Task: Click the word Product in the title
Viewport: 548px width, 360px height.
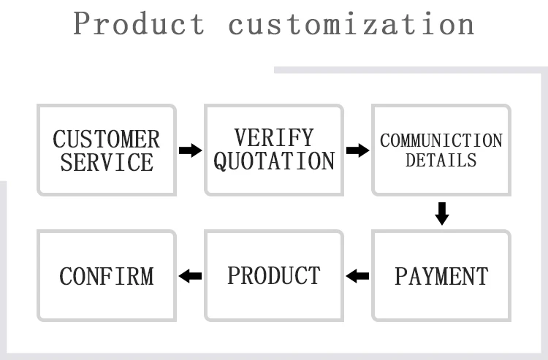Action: pyautogui.click(x=140, y=24)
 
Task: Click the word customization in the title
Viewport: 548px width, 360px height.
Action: pyautogui.click(x=351, y=24)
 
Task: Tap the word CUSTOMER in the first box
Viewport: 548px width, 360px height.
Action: pyautogui.click(x=107, y=139)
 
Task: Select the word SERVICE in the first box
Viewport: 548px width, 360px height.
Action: pyautogui.click(x=107, y=162)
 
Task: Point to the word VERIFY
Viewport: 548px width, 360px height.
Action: pyautogui.click(x=274, y=137)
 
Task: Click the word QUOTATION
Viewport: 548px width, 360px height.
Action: pyautogui.click(x=274, y=161)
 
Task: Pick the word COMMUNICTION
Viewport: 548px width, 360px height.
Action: pyautogui.click(x=441, y=140)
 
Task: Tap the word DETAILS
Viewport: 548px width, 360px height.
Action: pyautogui.click(x=441, y=160)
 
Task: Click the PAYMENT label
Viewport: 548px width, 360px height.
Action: pyautogui.click(x=441, y=276)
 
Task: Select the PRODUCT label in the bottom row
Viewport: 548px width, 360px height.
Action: pyautogui.click(x=274, y=275)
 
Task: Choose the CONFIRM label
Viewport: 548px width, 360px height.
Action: pyautogui.click(x=107, y=276)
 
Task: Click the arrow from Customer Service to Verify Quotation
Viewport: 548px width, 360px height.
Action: pyautogui.click(x=190, y=150)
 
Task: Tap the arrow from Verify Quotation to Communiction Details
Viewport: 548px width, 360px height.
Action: pyautogui.click(x=357, y=150)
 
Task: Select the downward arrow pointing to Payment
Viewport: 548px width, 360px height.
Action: pyautogui.click(x=441, y=213)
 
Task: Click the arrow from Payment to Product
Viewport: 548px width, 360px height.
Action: pyautogui.click(x=357, y=276)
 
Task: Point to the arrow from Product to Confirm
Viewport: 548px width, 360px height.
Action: pyautogui.click(x=190, y=276)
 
